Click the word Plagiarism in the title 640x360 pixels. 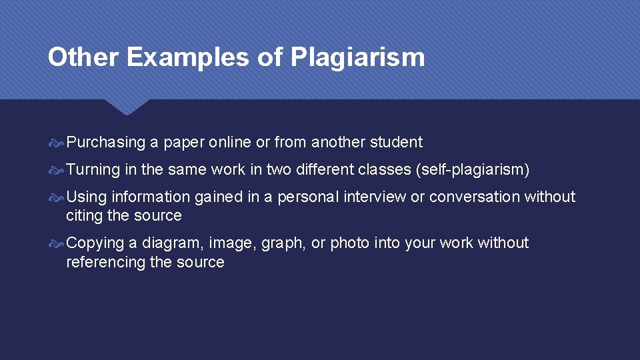click(358, 57)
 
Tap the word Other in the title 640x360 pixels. click(83, 57)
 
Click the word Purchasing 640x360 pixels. click(106, 142)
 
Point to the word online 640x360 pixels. click(230, 142)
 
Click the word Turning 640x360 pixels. click(93, 170)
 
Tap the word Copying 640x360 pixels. click(96, 243)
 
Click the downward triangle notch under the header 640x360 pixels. click(127, 106)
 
